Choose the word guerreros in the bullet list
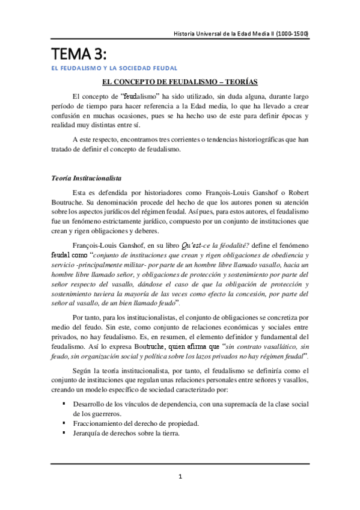coord(101,414)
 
